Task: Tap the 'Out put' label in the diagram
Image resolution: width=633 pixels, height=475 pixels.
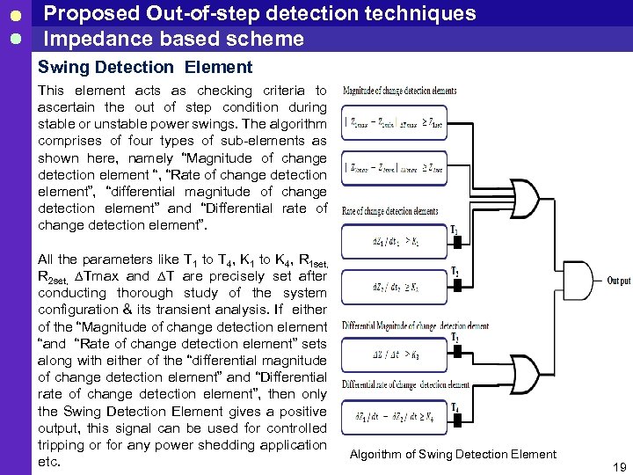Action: click(618, 281)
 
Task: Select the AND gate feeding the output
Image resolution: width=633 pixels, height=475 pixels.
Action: click(581, 281)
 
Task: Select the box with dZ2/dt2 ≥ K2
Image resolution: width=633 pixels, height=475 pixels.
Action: click(394, 286)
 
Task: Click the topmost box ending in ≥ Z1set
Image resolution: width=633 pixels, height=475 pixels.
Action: click(394, 122)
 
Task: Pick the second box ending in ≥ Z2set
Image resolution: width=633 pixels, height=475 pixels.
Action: click(394, 167)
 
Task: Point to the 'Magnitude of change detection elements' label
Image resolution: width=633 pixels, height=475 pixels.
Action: click(399, 90)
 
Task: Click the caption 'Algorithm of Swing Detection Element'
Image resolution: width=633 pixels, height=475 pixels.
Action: click(453, 454)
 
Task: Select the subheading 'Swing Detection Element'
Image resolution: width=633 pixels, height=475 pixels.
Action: click(145, 67)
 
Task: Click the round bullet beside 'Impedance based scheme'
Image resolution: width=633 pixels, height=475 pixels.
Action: click(14, 39)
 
